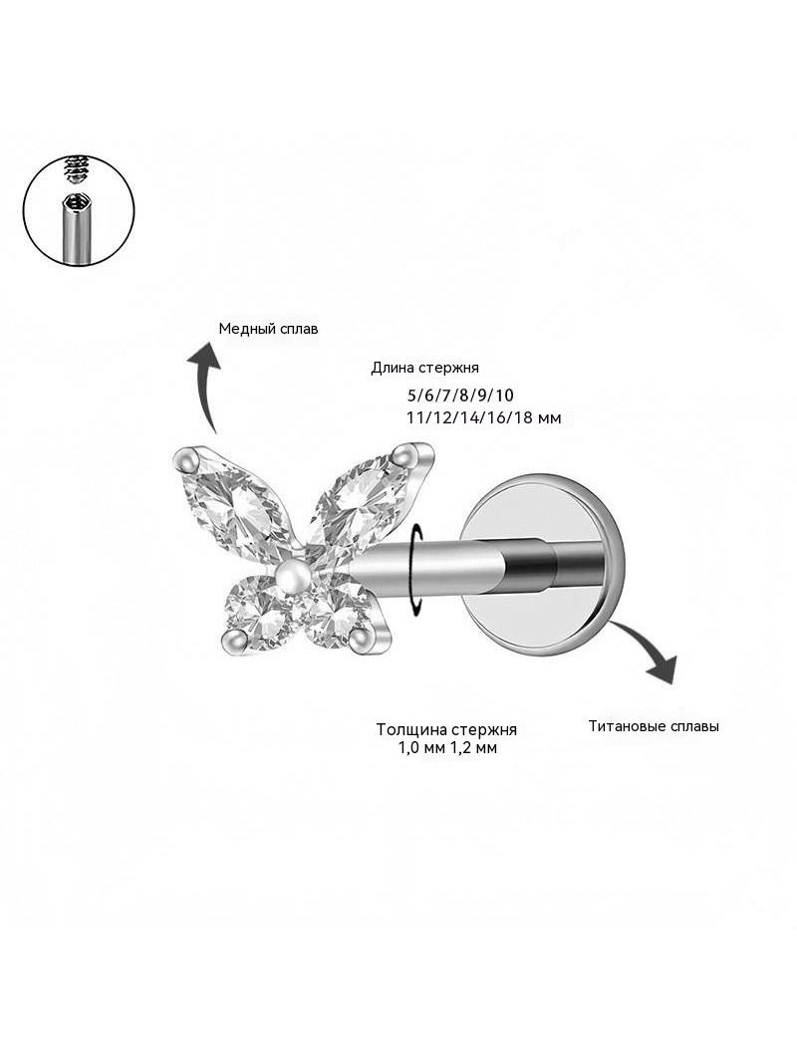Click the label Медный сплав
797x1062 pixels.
coord(268,329)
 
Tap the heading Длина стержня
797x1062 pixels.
coord(424,368)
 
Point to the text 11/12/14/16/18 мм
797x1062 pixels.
coord(483,417)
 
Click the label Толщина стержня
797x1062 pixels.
coord(447,729)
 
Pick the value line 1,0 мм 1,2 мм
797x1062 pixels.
coord(447,748)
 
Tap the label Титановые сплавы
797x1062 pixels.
coord(654,726)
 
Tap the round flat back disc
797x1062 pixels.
coord(542,568)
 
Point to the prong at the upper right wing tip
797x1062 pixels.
coord(407,452)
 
